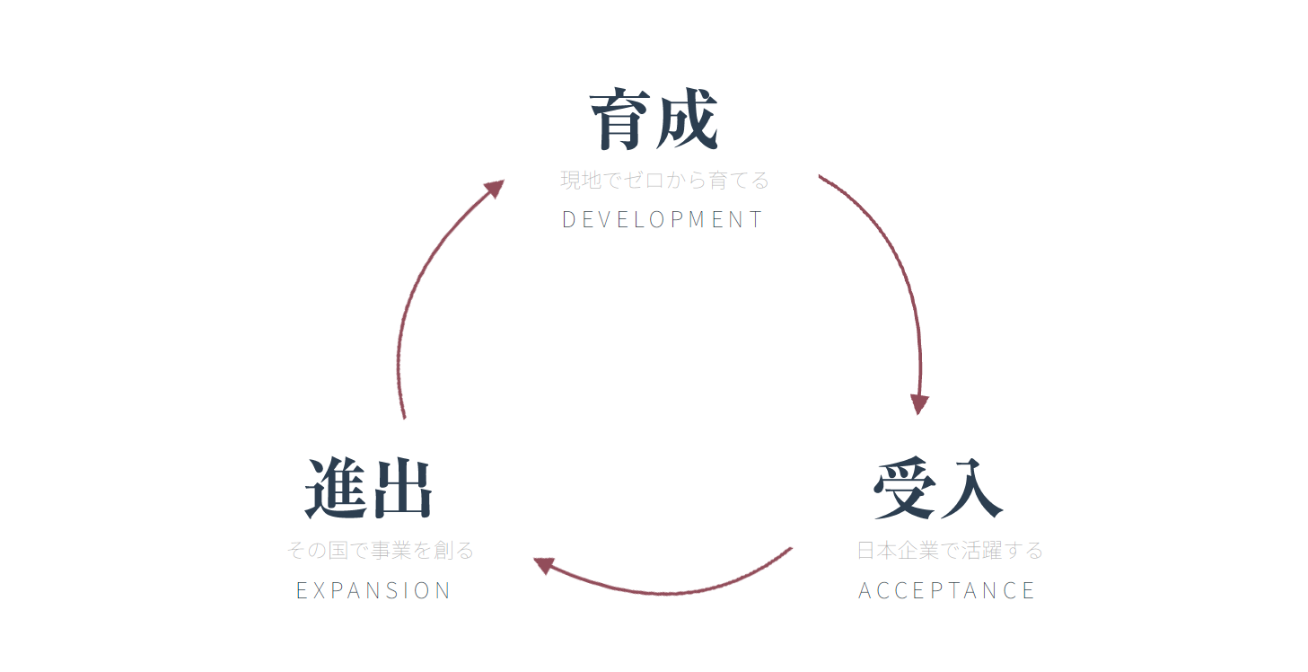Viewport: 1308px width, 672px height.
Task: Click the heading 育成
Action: click(654, 120)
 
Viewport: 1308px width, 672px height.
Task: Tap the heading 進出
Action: click(369, 490)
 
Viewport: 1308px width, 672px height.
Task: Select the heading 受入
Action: click(938, 490)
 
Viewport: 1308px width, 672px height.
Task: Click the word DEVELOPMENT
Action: click(663, 219)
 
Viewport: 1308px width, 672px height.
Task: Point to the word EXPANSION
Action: click(373, 590)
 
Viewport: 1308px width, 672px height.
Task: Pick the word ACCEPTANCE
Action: click(947, 590)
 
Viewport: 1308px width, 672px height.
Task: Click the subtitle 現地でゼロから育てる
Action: click(665, 181)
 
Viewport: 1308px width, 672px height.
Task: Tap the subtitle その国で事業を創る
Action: click(381, 550)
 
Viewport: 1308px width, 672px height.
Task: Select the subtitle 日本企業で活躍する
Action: click(950, 550)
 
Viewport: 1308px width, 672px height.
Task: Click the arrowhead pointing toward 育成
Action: click(493, 189)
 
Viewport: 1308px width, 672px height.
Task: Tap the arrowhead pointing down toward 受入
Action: click(918, 403)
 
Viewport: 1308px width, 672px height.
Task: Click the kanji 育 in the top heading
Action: click(621, 120)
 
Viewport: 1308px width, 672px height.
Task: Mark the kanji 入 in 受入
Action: click(971, 490)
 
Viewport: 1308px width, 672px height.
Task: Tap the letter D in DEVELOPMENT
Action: click(567, 219)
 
